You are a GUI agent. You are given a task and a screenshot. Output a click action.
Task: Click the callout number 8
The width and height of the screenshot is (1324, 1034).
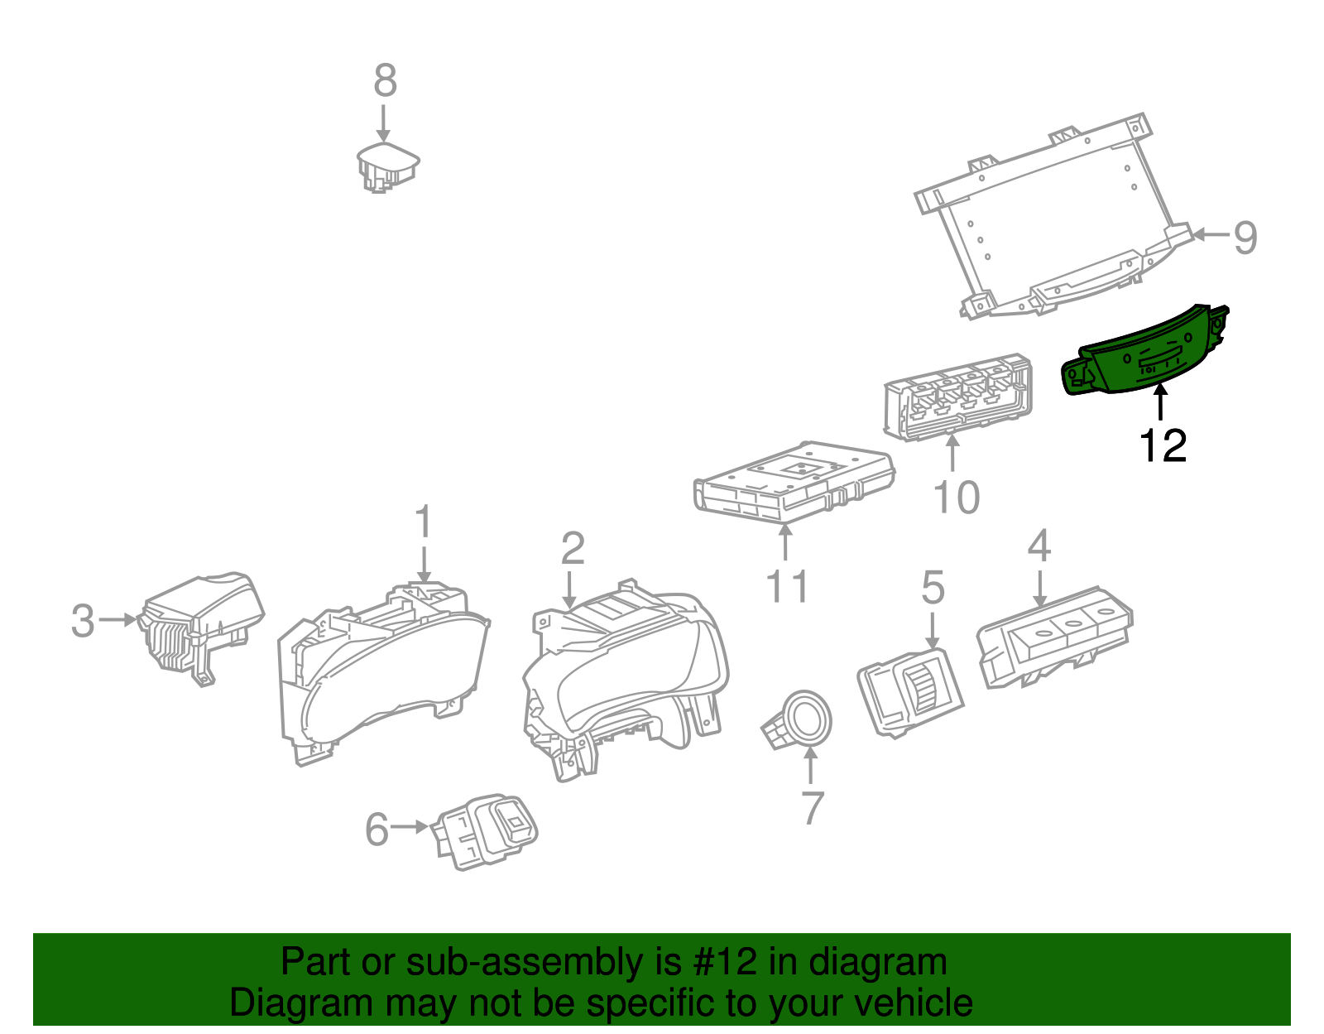(385, 81)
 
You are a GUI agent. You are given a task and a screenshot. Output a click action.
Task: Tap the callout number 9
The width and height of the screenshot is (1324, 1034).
(1245, 238)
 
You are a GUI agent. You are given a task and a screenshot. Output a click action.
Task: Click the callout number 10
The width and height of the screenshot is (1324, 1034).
(956, 498)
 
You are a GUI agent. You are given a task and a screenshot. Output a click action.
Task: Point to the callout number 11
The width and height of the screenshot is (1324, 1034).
(787, 587)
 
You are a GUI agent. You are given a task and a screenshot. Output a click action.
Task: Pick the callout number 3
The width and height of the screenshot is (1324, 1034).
(83, 621)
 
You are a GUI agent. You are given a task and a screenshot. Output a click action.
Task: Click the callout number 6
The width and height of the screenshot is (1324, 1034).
(377, 829)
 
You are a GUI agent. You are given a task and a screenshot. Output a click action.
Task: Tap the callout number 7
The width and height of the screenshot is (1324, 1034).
(813, 808)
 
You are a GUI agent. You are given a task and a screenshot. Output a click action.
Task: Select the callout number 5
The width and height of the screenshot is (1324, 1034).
(933, 588)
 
